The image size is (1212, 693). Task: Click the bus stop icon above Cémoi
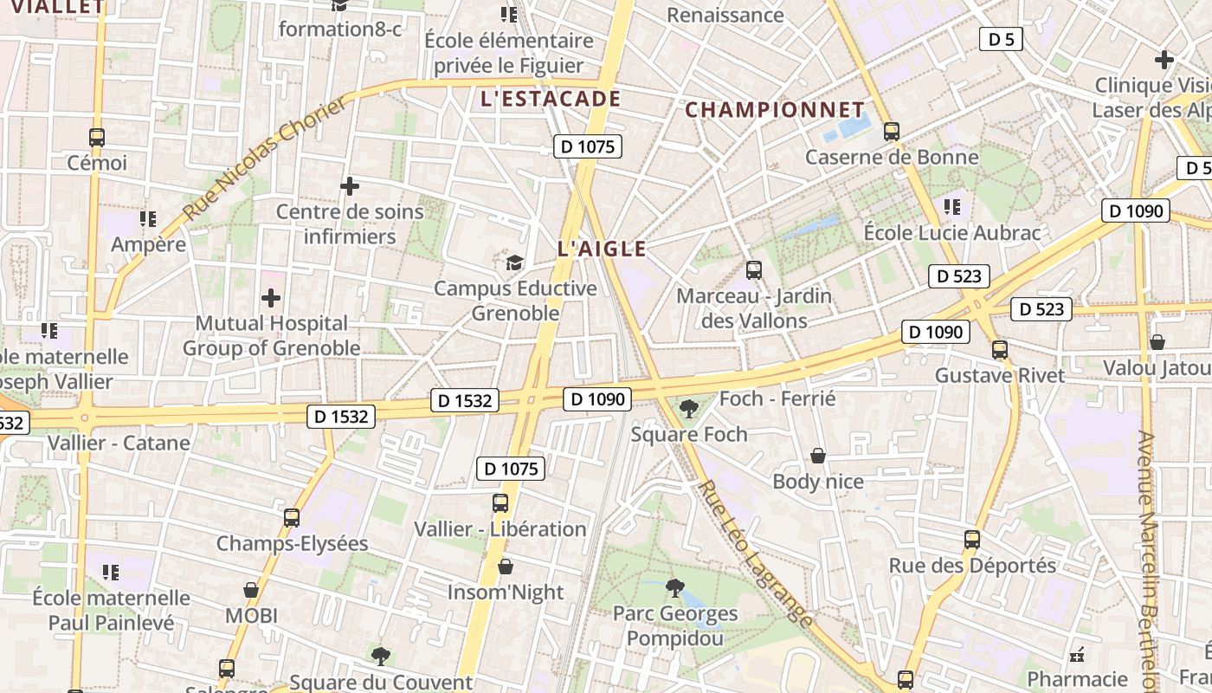[x=97, y=137]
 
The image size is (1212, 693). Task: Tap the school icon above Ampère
[x=147, y=218]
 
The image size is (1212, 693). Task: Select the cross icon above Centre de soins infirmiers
[x=350, y=186]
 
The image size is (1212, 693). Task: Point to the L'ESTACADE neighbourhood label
[x=551, y=99]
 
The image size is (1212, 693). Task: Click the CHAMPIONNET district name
[x=775, y=110]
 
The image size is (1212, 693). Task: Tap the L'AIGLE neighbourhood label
[x=602, y=249]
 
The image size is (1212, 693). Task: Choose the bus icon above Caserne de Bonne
[x=892, y=132]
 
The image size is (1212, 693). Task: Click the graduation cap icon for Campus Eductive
[x=515, y=262]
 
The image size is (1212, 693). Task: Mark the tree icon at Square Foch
[x=689, y=408]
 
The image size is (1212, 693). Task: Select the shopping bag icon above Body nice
[x=817, y=456]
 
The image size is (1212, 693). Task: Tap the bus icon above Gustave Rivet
[x=1000, y=350]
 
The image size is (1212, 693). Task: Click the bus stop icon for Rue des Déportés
[x=972, y=540]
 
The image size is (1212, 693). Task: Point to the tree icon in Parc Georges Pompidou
[x=674, y=589]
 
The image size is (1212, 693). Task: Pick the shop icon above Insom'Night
[x=506, y=567]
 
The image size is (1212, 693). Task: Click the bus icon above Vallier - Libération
[x=500, y=503]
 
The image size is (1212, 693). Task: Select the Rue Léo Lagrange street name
[x=756, y=554]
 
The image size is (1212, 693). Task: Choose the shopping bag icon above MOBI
[x=251, y=590]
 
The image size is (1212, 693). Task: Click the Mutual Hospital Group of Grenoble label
[x=271, y=335]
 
